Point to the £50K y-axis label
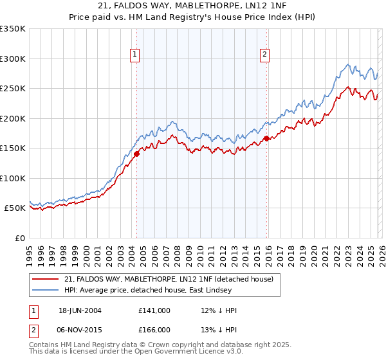pyautogui.click(x=14, y=208)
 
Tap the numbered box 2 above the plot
pyautogui.click(x=264, y=55)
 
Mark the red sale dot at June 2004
pyautogui.click(x=136, y=154)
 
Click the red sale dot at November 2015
pyautogui.click(x=266, y=138)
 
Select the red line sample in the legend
pyautogui.click(x=46, y=279)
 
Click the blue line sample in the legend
pyautogui.click(x=46, y=289)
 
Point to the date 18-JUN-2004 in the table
pyautogui.click(x=80, y=310)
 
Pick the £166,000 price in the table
pyautogui.click(x=154, y=329)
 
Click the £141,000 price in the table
pyautogui.click(x=154, y=310)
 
